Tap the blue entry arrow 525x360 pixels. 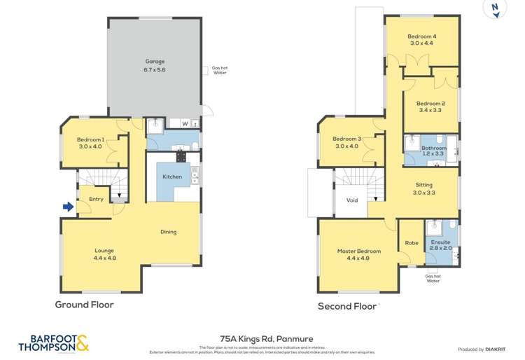[67, 207]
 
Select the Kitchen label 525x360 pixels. [172, 176]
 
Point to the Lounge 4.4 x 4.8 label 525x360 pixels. [104, 254]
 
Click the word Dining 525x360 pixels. [168, 232]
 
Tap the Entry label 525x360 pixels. [96, 200]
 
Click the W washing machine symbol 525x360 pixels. [185, 124]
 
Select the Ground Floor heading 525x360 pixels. [84, 305]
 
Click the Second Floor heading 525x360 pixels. [347, 306]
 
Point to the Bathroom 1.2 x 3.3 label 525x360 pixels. [434, 151]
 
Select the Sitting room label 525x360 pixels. [423, 188]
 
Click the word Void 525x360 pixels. [352, 200]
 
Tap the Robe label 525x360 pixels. [411, 244]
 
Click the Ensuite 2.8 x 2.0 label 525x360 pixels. [440, 245]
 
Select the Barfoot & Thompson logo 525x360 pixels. [53, 343]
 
